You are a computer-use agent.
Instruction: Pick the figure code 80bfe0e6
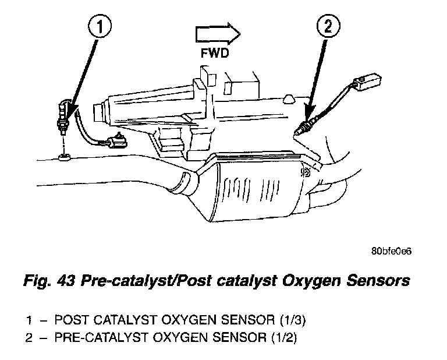(x=391, y=251)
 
